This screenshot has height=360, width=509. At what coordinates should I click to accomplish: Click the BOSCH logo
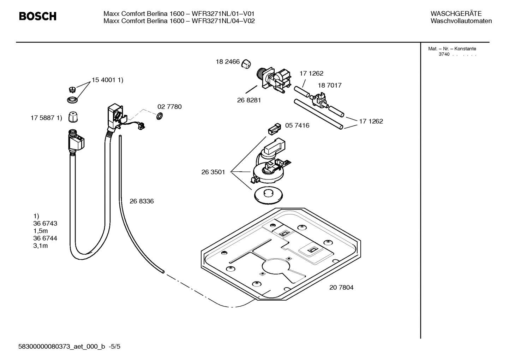37,16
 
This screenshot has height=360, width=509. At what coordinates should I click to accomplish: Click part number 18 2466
228,62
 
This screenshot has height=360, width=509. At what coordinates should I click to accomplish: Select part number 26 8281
249,100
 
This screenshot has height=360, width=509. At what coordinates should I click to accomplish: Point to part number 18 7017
329,85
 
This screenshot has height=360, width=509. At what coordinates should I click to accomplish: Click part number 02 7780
169,107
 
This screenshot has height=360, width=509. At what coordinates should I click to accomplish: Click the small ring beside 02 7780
159,116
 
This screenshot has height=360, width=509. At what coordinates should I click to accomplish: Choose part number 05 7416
297,125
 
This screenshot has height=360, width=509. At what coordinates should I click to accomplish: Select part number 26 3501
213,172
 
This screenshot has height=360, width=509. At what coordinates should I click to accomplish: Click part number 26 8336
142,201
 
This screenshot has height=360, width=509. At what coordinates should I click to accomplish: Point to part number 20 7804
341,287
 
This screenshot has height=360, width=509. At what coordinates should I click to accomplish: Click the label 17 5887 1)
46,118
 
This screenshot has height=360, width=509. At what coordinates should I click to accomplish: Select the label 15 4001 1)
107,80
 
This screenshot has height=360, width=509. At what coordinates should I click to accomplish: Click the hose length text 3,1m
41,246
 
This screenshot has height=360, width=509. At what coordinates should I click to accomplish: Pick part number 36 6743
45,223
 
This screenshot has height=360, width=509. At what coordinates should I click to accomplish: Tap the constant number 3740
444,54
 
